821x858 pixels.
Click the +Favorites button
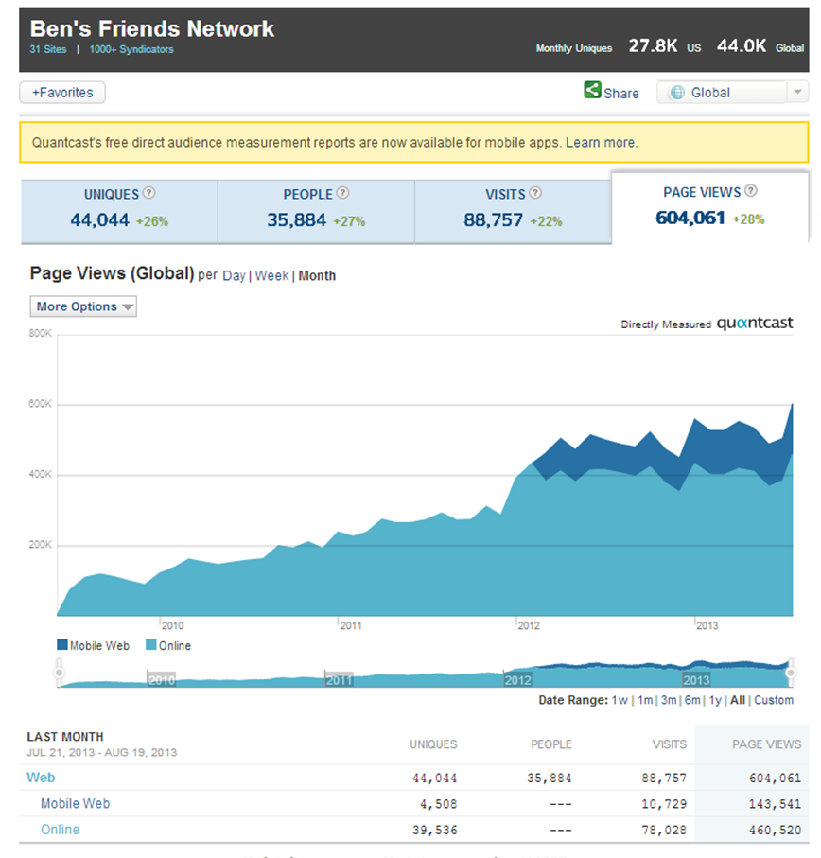pyautogui.click(x=62, y=93)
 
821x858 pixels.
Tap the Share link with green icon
pyautogui.click(x=611, y=93)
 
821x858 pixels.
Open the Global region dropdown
pyautogui.click(x=732, y=93)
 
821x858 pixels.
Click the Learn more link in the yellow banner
pyautogui.click(x=601, y=143)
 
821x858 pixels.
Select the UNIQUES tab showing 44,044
pyautogui.click(x=119, y=207)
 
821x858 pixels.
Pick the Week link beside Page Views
pyautogui.click(x=271, y=276)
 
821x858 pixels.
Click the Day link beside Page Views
pyautogui.click(x=234, y=276)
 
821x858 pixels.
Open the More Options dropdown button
pyautogui.click(x=83, y=306)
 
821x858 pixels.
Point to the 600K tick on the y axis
pyautogui.click(x=40, y=405)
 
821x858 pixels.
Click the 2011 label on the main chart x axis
pyautogui.click(x=350, y=625)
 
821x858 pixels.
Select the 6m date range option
pyautogui.click(x=692, y=700)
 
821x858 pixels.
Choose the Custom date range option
pyautogui.click(x=774, y=700)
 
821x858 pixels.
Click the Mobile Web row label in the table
pyautogui.click(x=75, y=804)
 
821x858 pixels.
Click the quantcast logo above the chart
pyautogui.click(x=754, y=324)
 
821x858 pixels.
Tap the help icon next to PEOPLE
pyautogui.click(x=342, y=193)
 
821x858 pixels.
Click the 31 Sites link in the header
pyautogui.click(x=48, y=49)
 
